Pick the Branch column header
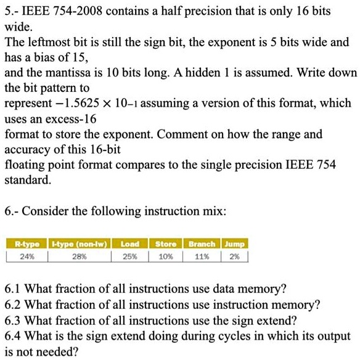click(202, 244)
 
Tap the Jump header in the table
click(235, 244)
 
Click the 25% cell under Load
click(129, 255)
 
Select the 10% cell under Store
click(165, 255)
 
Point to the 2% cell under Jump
click(234, 255)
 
